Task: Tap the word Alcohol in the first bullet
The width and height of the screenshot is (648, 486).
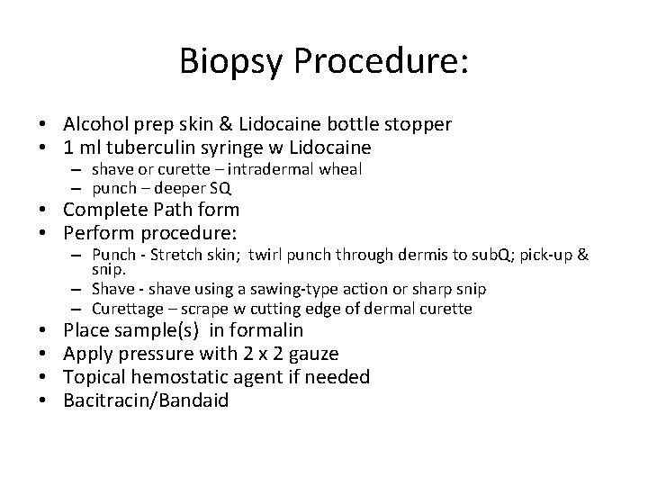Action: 95,123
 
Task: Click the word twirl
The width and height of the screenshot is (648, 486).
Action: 264,256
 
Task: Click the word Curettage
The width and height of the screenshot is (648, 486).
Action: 125,309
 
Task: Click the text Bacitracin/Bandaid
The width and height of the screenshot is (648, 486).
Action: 146,400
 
